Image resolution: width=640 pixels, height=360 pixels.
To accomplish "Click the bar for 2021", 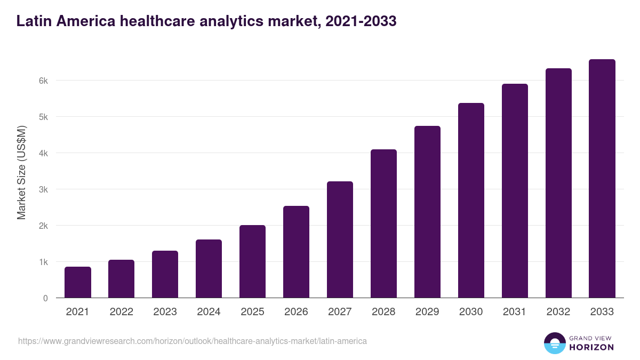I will coord(78,282).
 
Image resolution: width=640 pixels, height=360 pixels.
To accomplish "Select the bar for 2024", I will coord(209,269).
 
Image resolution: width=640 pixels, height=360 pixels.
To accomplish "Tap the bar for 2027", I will coord(340,239).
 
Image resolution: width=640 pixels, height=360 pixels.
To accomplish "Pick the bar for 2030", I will coord(471,201).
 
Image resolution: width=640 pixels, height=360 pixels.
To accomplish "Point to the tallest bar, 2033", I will coord(602,179).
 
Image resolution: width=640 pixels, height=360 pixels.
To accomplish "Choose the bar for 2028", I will coord(383,223).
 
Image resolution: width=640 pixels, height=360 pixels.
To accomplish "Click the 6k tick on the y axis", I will coord(43,81).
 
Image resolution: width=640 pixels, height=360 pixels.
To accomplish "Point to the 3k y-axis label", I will coord(43,189).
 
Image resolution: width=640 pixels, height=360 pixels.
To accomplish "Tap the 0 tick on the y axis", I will coord(45,298).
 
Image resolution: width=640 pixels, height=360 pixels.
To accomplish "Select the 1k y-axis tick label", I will coord(43,262).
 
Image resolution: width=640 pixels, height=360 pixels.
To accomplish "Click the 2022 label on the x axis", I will coord(121,312).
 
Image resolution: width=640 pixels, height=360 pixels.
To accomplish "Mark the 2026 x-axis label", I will coord(296,312).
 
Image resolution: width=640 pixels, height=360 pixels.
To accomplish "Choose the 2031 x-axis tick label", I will coord(515,312).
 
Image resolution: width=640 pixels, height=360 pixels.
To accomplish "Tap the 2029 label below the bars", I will coord(427,312).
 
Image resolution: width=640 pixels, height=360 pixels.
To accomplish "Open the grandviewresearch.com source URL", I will coord(192,341).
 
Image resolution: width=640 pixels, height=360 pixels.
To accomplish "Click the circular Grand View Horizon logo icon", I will coord(554,343).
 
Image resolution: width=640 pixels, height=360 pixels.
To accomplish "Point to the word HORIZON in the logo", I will coord(591,347).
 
